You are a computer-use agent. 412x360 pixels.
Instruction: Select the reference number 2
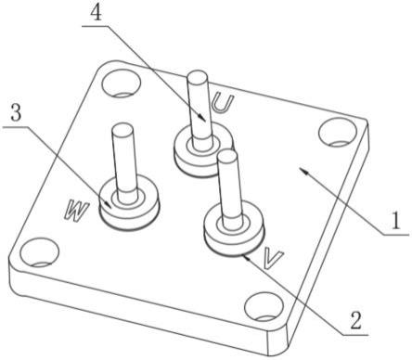(x=355, y=320)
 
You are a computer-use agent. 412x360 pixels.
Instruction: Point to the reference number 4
(x=97, y=12)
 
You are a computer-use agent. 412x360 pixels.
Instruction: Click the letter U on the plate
(x=221, y=103)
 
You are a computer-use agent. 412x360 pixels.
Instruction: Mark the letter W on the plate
(x=76, y=211)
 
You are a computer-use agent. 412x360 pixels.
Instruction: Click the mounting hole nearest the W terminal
(x=39, y=252)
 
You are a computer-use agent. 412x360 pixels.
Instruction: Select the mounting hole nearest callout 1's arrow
(x=337, y=132)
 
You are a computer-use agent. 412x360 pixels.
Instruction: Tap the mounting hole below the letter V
(x=264, y=307)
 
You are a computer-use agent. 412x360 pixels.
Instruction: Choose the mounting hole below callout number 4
(x=122, y=83)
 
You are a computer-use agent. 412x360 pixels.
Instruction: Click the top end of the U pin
(x=198, y=75)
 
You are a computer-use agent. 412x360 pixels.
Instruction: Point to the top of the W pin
(x=122, y=128)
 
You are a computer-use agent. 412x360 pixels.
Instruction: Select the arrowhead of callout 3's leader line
(x=109, y=206)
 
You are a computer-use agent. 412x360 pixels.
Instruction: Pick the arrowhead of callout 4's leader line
(x=203, y=120)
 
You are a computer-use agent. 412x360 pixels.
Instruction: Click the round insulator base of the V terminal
(x=235, y=230)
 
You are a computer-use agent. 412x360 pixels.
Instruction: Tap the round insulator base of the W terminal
(x=129, y=204)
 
